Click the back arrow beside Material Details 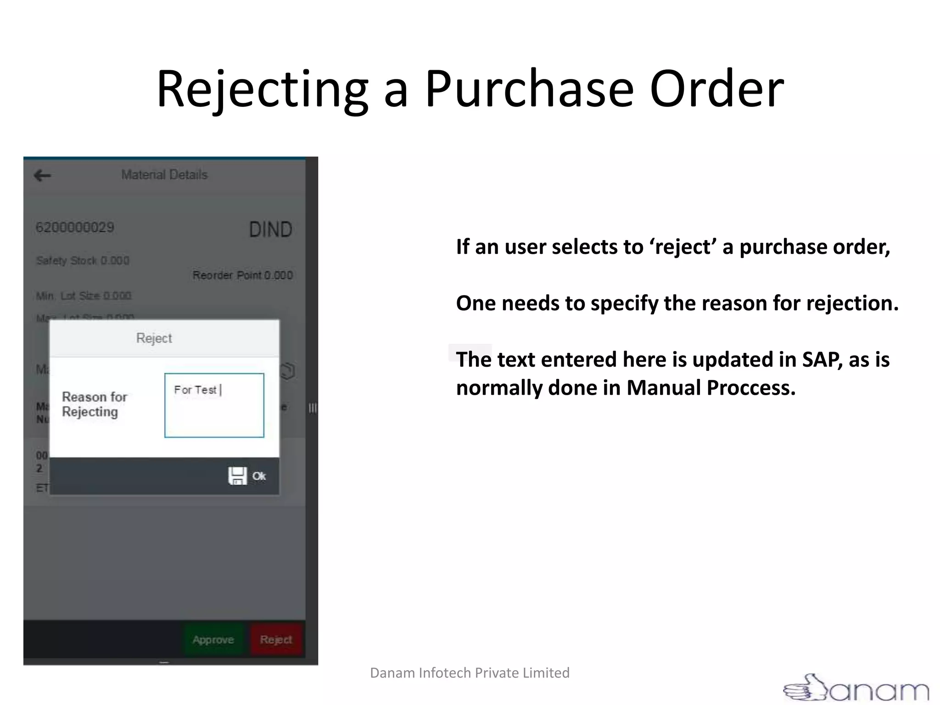[43, 175]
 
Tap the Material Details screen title [164, 175]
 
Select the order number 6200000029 [75, 228]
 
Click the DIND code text [270, 229]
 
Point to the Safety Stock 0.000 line [83, 261]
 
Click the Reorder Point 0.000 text [242, 275]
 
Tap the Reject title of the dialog [154, 338]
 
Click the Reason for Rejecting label [95, 404]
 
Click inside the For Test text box [214, 405]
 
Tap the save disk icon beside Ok [237, 476]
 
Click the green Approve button [213, 639]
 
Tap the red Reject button [276, 639]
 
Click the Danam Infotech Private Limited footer [470, 673]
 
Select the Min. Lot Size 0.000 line [84, 296]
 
